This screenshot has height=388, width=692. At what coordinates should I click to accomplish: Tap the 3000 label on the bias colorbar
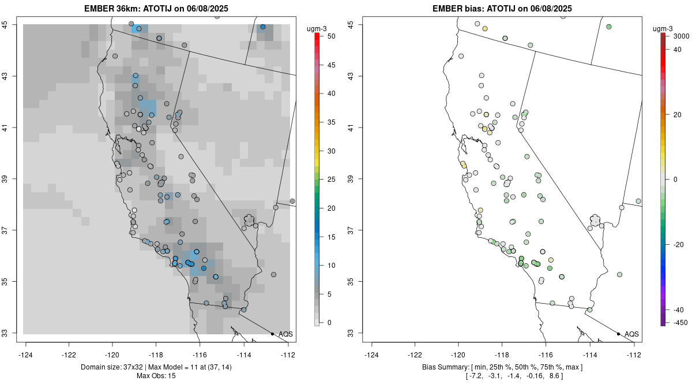681,36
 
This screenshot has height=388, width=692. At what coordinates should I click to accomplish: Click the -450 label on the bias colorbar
680,323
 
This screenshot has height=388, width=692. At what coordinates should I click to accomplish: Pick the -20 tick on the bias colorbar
680,244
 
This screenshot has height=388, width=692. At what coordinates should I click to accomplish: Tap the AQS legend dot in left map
272,334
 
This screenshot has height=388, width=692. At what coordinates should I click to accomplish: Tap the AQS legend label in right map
631,334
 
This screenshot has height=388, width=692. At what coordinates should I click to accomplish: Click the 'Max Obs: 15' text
156,376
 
